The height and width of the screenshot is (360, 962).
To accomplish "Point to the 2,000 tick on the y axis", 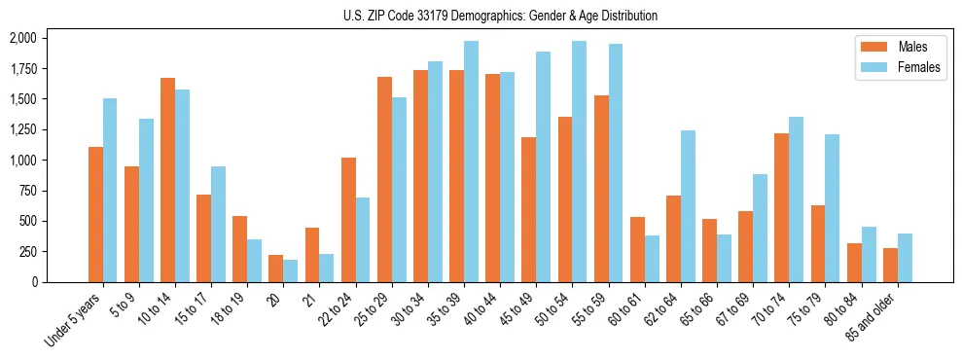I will point(21,38).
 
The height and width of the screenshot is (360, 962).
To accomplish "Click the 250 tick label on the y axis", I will point(27,251).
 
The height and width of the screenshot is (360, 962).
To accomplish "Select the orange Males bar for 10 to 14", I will point(168,180).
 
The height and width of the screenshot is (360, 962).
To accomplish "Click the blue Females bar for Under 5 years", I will point(110,190).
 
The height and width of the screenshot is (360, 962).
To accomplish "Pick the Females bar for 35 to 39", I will point(471,162).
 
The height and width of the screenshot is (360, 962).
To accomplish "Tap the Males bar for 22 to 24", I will point(348,220).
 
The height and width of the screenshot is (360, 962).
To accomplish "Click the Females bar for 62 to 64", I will point(688,206).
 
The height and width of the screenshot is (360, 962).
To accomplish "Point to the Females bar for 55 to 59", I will point(616,162).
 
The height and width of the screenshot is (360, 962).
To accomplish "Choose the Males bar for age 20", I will point(276,269).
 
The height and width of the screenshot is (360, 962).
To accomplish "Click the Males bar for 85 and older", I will point(890,265).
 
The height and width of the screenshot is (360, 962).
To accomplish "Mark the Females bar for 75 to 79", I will point(833,208).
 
